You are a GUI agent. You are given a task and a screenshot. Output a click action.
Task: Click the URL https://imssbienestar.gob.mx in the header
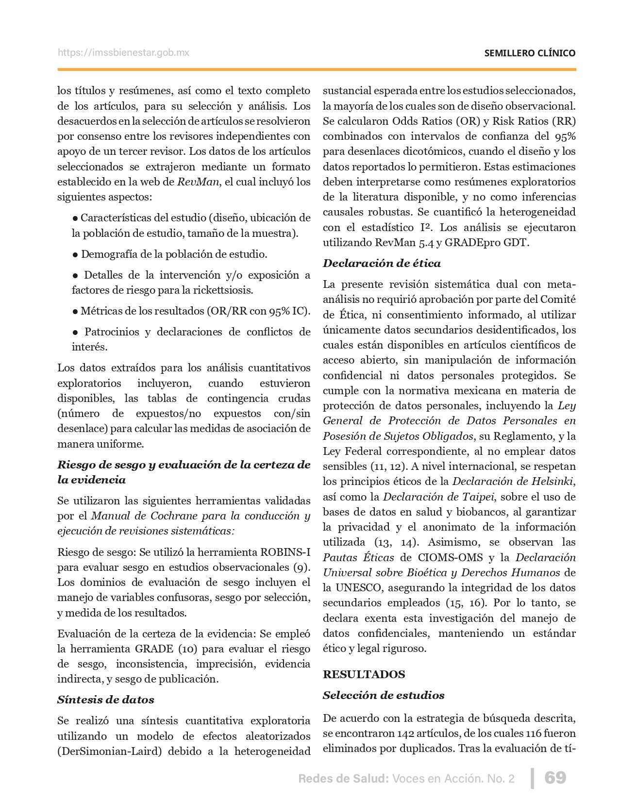[x=123, y=52]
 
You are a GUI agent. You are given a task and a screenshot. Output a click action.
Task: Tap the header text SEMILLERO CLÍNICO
[x=530, y=53]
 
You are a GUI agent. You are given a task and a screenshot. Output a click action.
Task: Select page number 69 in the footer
[x=555, y=778]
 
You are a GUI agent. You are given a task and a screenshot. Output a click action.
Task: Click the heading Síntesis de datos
[x=105, y=700]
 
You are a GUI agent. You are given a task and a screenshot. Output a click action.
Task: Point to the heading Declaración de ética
[x=382, y=263]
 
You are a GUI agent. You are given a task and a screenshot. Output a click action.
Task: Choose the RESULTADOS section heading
[x=364, y=674]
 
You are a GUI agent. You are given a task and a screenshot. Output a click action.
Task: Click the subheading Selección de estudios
[x=384, y=695]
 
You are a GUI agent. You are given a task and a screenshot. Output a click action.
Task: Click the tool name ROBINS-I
[x=285, y=552]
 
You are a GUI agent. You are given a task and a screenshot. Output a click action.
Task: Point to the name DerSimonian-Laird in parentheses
[x=111, y=751]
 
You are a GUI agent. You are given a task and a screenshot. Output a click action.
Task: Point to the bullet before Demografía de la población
[x=75, y=254]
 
